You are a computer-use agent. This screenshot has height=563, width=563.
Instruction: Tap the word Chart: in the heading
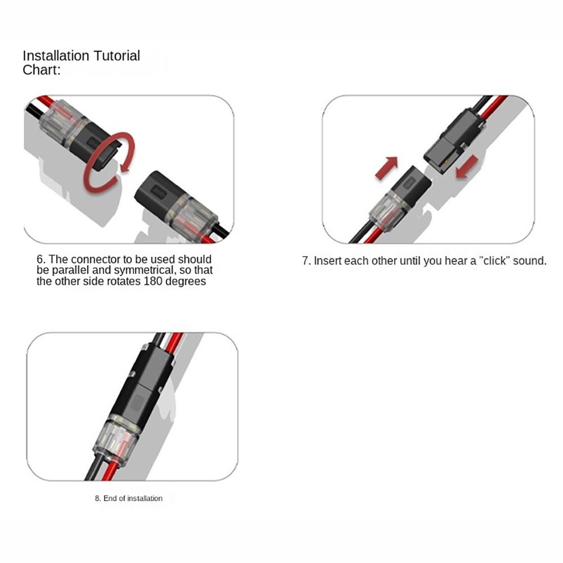(x=41, y=70)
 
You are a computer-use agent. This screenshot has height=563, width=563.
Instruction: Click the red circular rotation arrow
(x=107, y=163)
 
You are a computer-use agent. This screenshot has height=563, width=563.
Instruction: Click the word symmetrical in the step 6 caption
(x=140, y=270)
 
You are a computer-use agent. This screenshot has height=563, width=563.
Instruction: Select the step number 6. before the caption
(x=41, y=260)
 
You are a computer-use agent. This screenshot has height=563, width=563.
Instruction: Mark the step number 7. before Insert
(x=306, y=261)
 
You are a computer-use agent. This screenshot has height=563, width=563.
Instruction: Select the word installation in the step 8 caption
(x=145, y=498)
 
